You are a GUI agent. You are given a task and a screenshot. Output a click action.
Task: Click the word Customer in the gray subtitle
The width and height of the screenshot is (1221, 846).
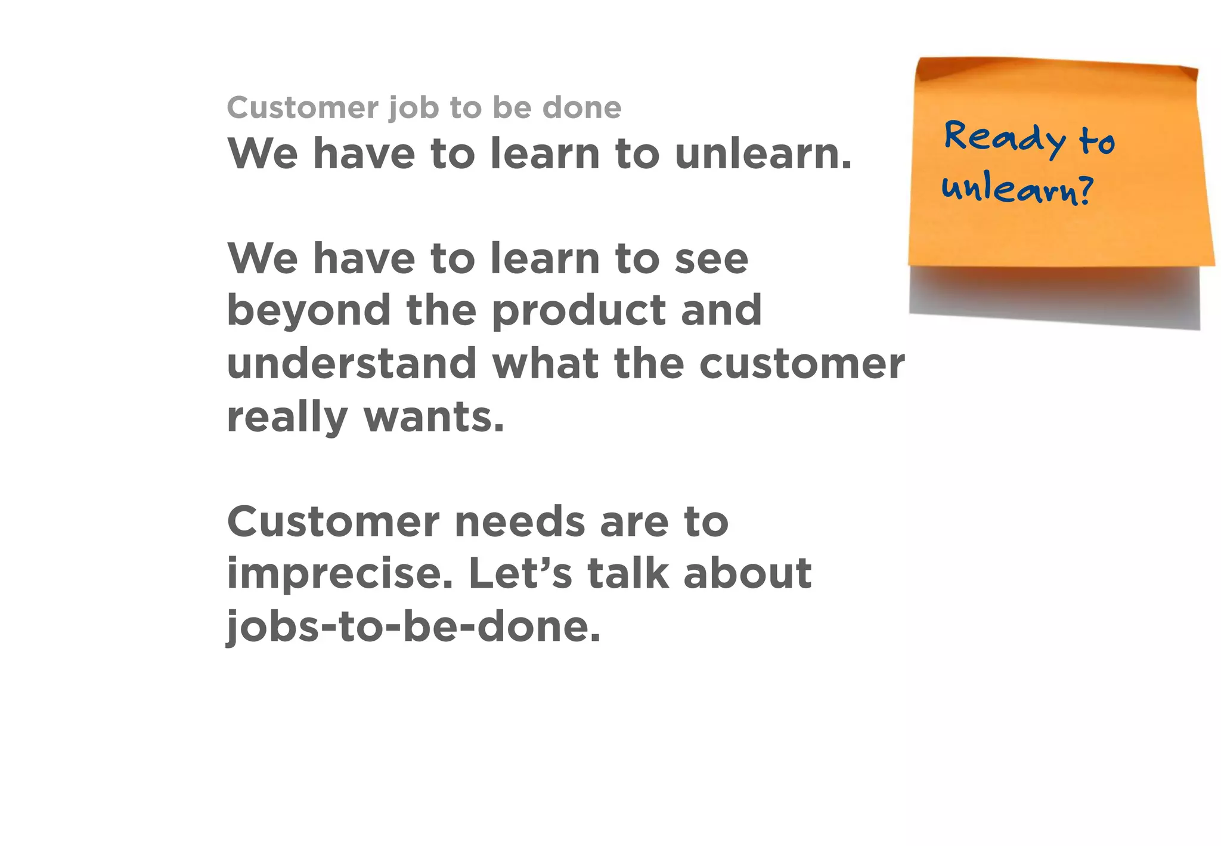coord(303,107)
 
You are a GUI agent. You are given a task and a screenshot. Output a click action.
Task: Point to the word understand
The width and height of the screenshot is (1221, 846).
coord(352,363)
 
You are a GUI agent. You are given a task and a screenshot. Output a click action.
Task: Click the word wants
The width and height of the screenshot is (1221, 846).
coord(433,417)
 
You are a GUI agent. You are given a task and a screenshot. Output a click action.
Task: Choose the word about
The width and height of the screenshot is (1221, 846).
coord(747,573)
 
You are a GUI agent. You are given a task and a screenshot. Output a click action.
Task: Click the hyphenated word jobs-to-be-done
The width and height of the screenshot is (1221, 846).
coord(413,626)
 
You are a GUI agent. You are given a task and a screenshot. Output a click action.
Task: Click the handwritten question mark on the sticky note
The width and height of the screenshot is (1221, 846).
coord(1086,191)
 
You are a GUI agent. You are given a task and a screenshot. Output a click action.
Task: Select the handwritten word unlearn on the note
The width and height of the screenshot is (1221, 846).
coord(1010,190)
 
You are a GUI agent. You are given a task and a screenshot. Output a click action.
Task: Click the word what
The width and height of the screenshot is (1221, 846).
coord(545,363)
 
